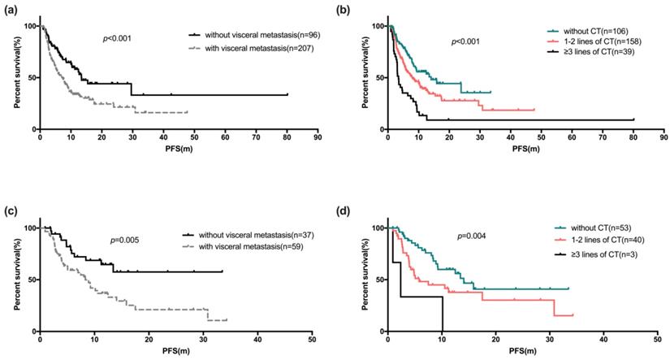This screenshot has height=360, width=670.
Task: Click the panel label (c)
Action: [x=12, y=210]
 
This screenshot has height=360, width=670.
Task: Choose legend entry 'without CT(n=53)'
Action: [x=564, y=230]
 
